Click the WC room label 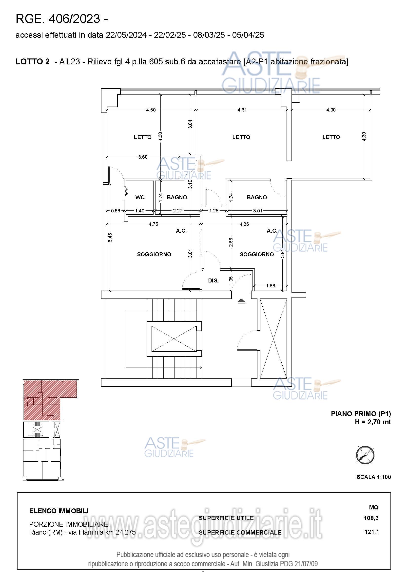pos(140,197)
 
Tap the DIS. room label pos(213,280)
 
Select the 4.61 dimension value pos(242,110)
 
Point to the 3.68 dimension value pos(143,157)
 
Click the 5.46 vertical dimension pos(110,238)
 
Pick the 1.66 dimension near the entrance pos(271,286)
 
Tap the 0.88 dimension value pos(116,211)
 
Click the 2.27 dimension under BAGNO pos(177,211)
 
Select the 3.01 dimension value pos(258,211)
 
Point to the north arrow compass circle pos(365,455)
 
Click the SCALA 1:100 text pos(373,477)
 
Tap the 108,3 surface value pos(371,518)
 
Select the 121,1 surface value pos(371,532)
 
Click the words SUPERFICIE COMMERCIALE pos(240,533)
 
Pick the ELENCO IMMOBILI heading pos(59,511)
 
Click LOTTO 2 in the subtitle pos(33,62)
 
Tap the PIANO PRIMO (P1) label pos(361,414)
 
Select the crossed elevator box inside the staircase pos(174,338)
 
